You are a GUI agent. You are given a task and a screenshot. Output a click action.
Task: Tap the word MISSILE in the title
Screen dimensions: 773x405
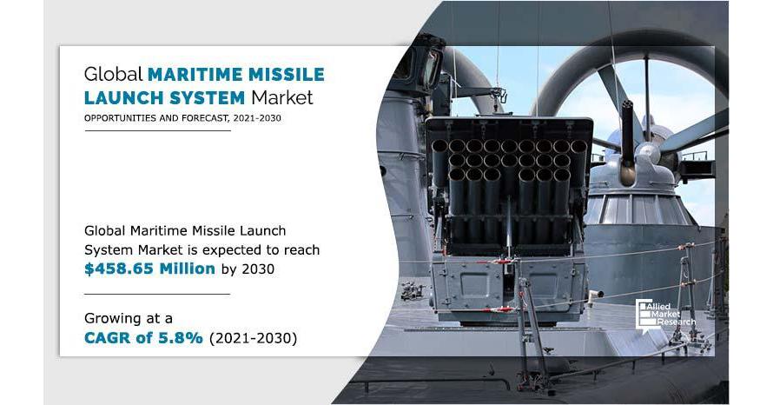tap(287, 74)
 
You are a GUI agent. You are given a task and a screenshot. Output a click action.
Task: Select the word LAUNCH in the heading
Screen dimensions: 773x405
tap(123, 97)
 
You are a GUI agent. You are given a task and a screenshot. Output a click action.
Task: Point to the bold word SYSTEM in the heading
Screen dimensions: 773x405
tap(207, 97)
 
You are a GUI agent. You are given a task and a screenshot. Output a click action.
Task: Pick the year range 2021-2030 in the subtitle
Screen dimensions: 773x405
tap(257, 118)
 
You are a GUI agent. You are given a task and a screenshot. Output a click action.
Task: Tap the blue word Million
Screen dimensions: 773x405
tap(182, 269)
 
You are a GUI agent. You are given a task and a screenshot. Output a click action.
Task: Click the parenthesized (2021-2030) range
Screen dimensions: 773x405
tap(253, 338)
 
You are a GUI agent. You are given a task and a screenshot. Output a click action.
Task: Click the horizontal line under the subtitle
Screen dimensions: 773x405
tap(157, 130)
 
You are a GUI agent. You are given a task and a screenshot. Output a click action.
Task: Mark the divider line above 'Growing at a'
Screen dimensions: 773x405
tap(157, 294)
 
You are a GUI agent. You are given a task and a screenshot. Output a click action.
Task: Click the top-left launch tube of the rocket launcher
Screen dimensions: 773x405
tap(439, 147)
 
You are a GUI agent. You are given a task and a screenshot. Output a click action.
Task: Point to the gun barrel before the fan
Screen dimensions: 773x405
tap(627, 142)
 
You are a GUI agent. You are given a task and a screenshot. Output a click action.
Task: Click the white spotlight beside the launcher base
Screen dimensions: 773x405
tap(595, 295)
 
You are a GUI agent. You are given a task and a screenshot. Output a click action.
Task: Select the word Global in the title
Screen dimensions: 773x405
tap(114, 74)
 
